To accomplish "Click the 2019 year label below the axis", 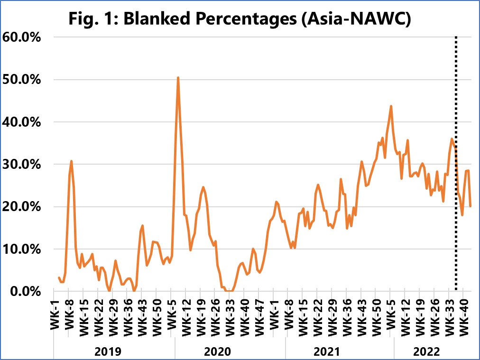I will [108, 351].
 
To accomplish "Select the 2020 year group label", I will [217, 351].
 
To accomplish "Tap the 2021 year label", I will [327, 351].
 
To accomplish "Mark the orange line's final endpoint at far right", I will [470, 206].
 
